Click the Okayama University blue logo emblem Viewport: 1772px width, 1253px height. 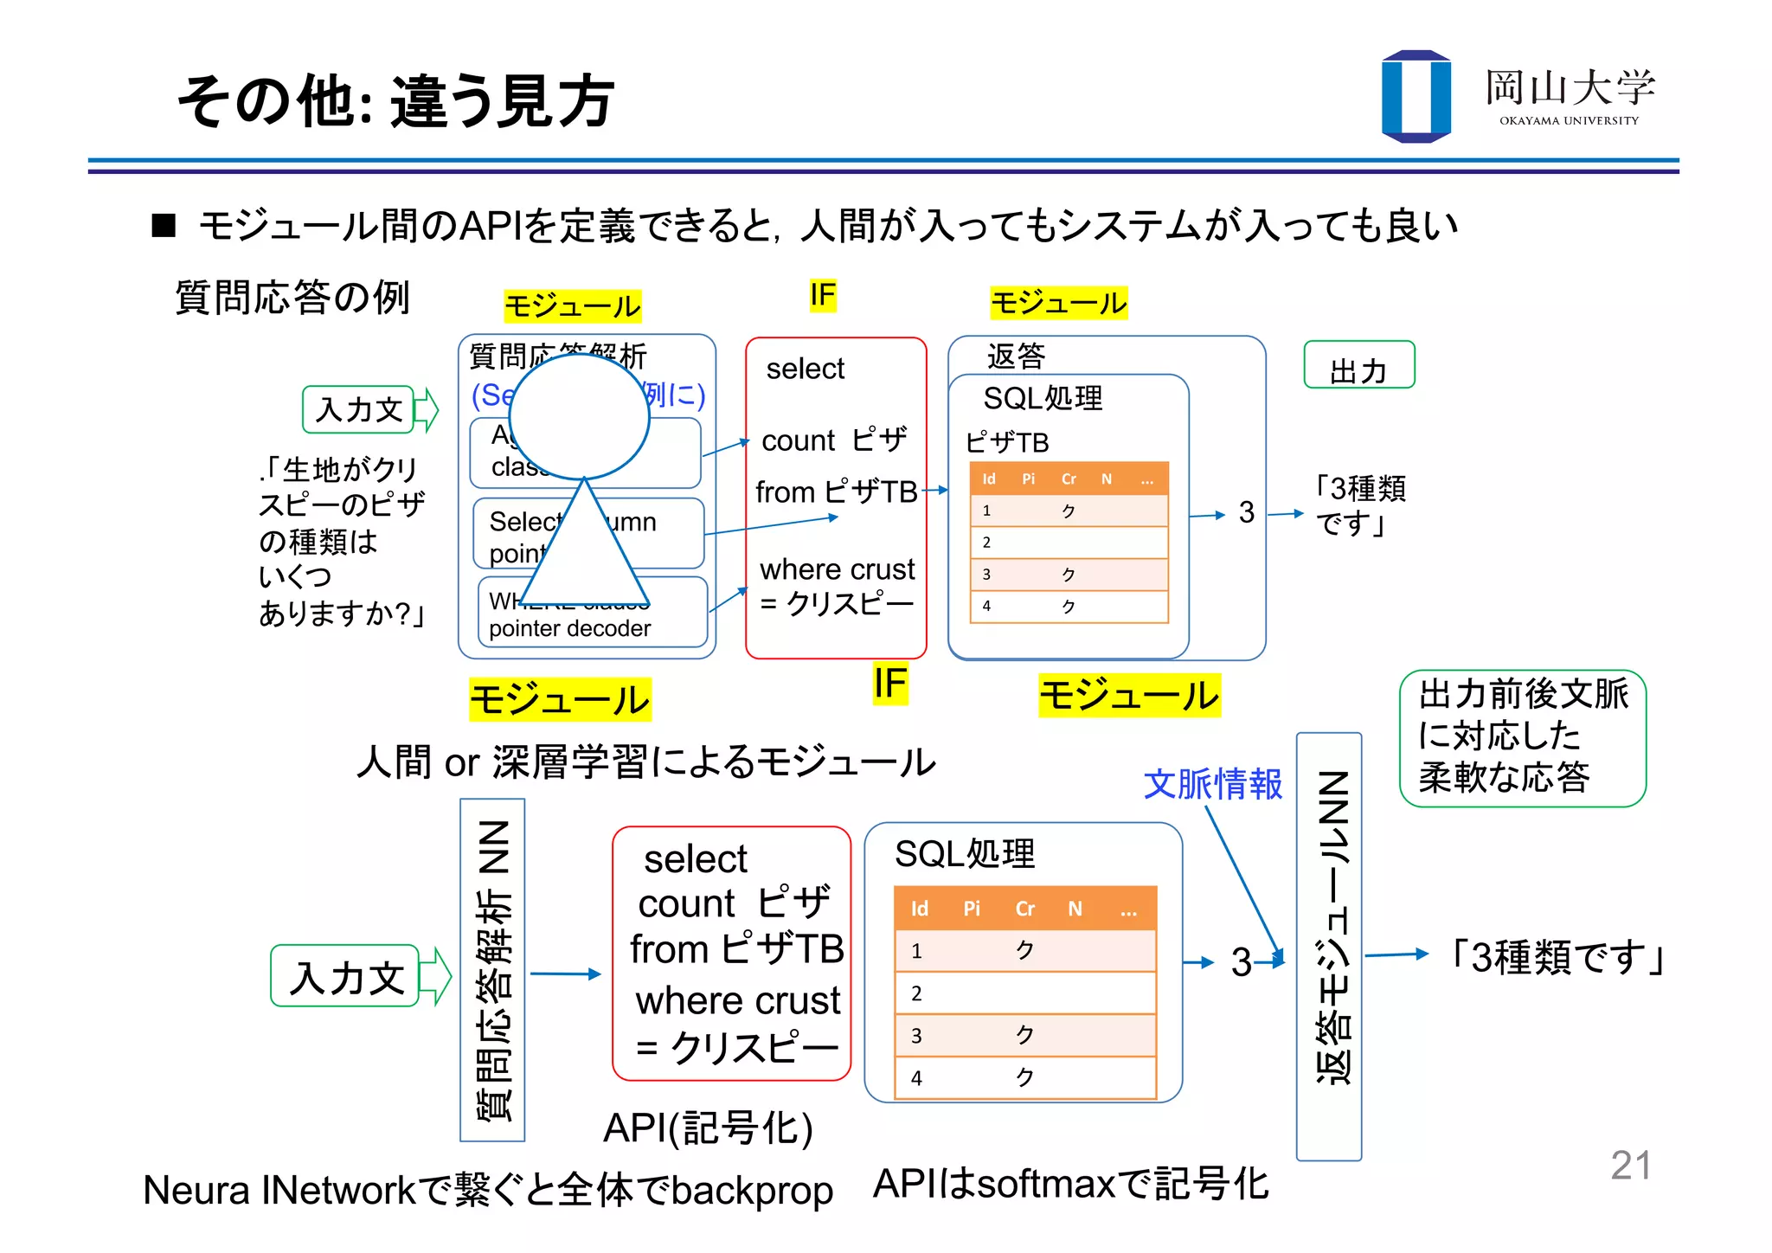(1416, 96)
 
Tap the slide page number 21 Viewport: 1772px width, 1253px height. (1630, 1165)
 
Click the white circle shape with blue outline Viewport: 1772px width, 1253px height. (579, 417)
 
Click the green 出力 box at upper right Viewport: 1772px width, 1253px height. (1358, 365)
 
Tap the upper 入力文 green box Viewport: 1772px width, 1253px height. (359, 409)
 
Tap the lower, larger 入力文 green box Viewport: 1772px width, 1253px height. (346, 976)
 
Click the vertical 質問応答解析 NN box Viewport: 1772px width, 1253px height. (492, 969)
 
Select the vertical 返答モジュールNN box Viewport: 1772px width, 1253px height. (1329, 947)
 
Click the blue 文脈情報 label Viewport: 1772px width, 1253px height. (1212, 784)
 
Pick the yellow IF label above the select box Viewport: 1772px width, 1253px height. (822, 295)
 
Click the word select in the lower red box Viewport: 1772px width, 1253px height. (695, 859)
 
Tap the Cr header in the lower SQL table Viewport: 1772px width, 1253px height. (1024, 909)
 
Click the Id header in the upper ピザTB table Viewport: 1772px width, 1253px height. (988, 479)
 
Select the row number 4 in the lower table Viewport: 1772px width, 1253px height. (916, 1078)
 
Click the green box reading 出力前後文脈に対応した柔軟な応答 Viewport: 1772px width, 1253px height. (1522, 738)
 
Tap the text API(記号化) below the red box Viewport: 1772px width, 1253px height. (708, 1128)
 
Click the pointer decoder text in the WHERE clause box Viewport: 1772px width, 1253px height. (569, 628)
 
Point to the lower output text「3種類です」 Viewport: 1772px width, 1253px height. (1557, 957)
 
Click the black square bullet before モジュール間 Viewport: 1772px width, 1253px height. (164, 226)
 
